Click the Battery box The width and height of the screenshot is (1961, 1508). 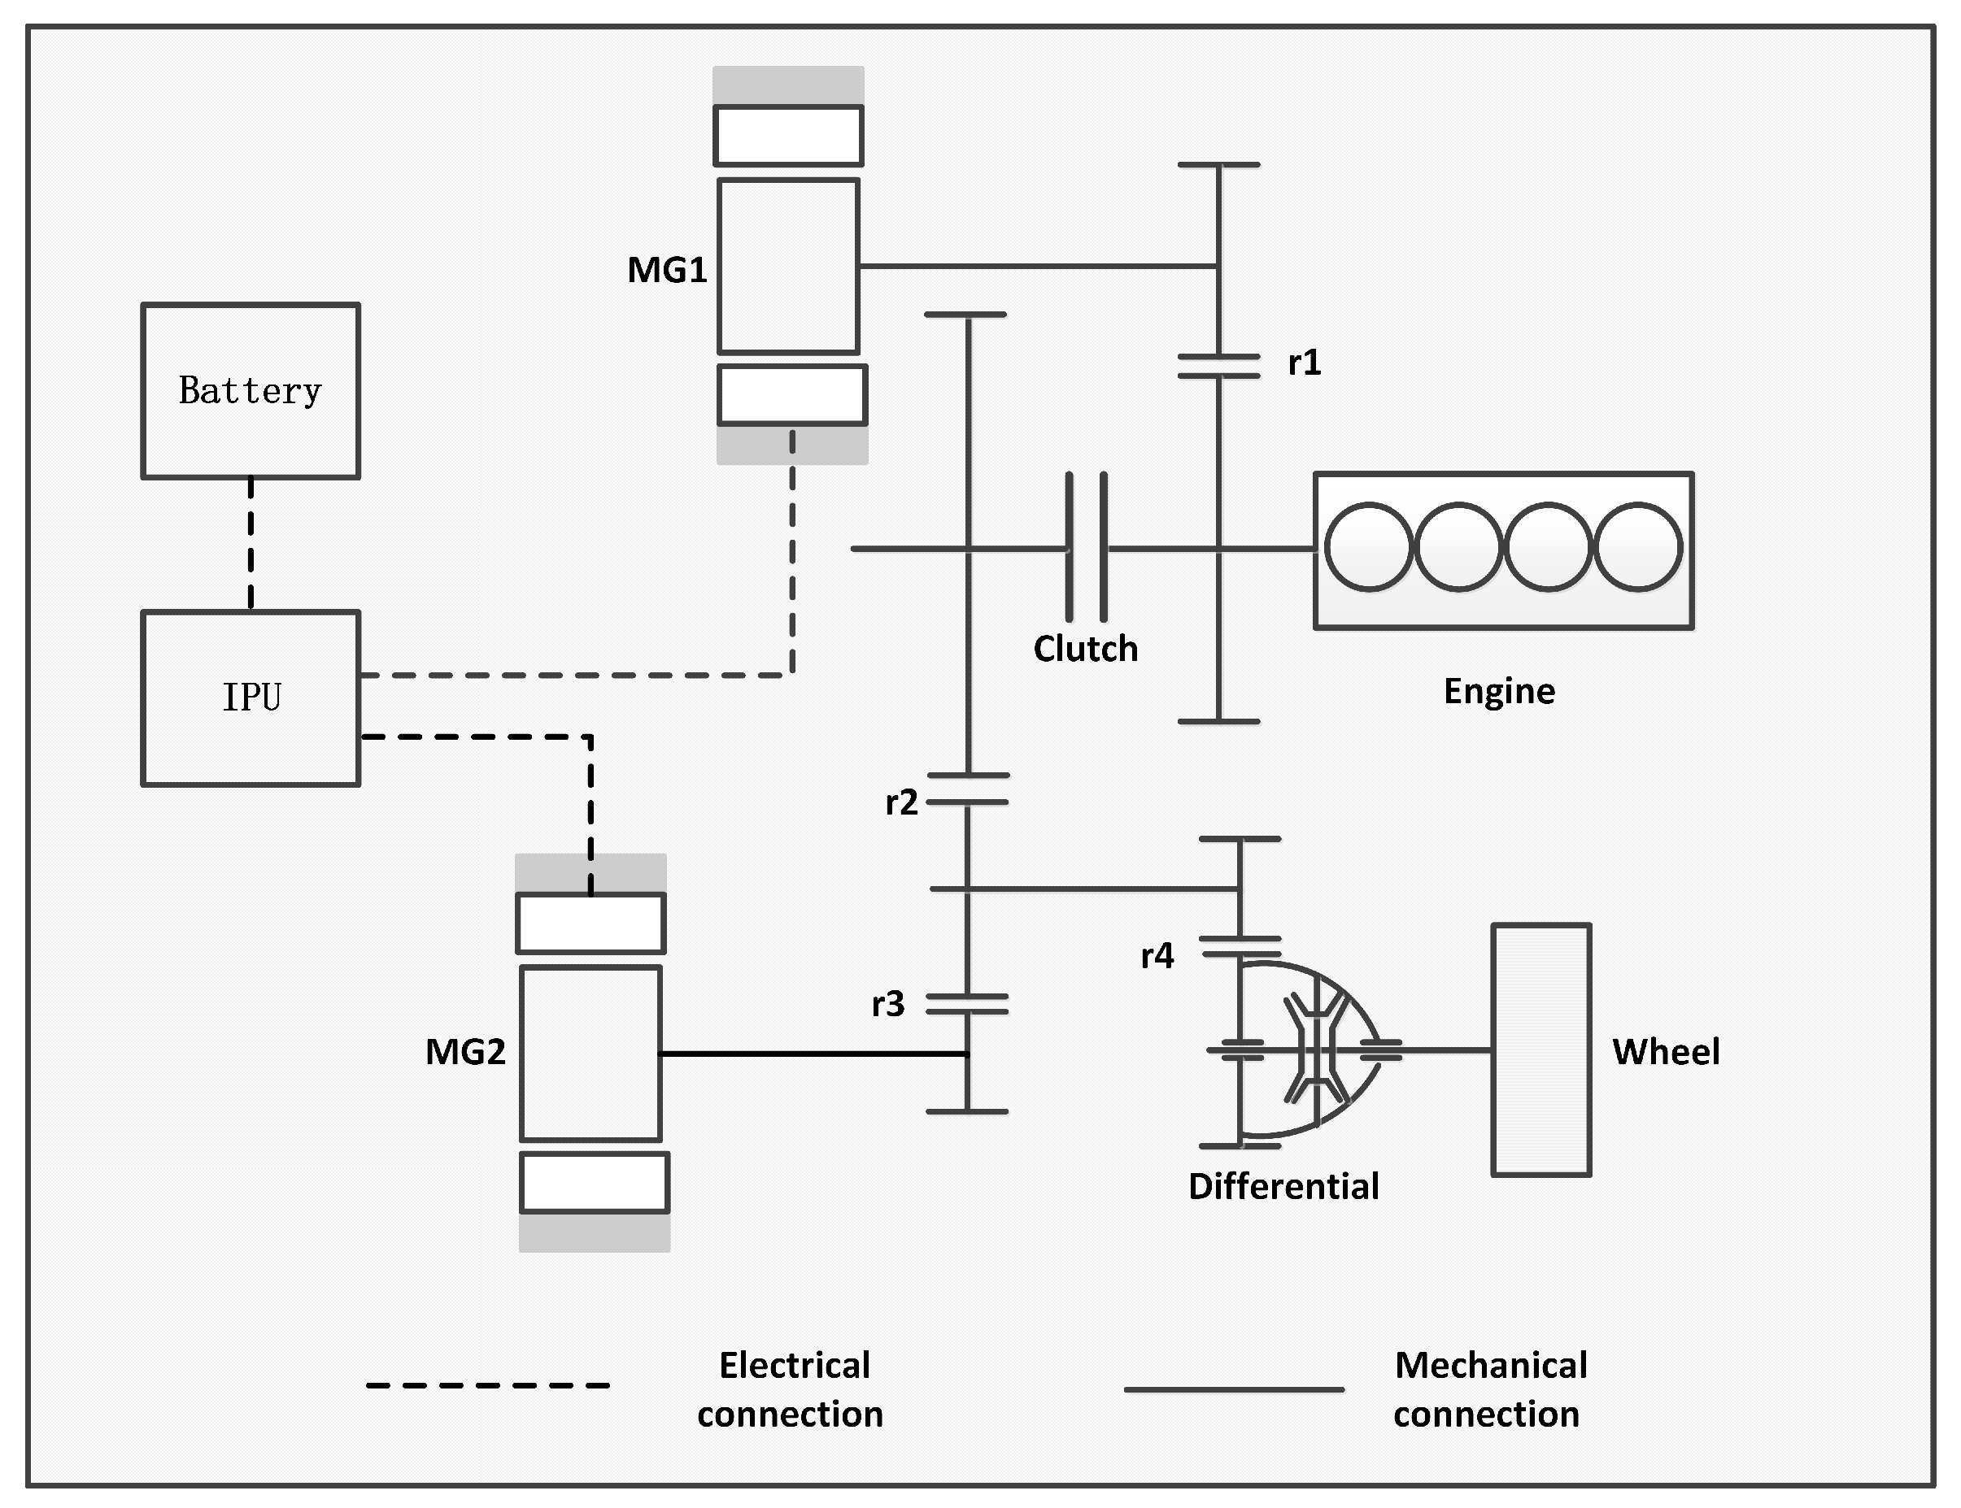pos(251,390)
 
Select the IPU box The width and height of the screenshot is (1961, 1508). pos(251,698)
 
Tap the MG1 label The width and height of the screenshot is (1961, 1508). pos(667,270)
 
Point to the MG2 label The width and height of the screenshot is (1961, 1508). pos(465,1052)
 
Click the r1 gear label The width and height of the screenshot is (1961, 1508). pos(1305,363)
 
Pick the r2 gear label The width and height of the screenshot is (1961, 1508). pos(901,802)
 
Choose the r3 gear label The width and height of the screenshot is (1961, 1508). pos(888,1003)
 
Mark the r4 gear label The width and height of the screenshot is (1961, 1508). pos(1157,956)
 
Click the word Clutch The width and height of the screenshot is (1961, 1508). pos(1086,649)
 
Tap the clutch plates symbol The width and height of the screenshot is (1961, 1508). pos(1087,548)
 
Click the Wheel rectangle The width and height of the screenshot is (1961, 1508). pos(1540,1050)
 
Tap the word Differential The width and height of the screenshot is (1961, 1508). pos(1283,1187)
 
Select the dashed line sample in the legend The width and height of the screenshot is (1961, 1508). pos(487,1385)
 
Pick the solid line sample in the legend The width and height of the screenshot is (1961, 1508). pos(1234,1389)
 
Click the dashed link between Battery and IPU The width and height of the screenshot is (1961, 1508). pos(251,544)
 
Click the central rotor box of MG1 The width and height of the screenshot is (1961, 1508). pos(788,267)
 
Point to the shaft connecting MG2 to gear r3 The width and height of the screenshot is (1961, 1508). pos(813,1054)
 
